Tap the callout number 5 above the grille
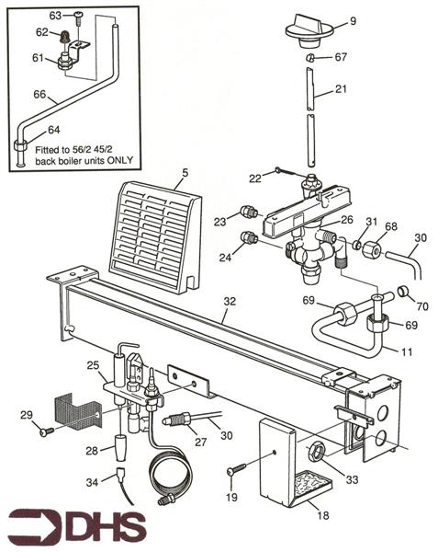(185, 171)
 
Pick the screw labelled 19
(235, 472)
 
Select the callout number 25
(92, 366)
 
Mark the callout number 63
(54, 15)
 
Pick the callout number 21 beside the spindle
(342, 88)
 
